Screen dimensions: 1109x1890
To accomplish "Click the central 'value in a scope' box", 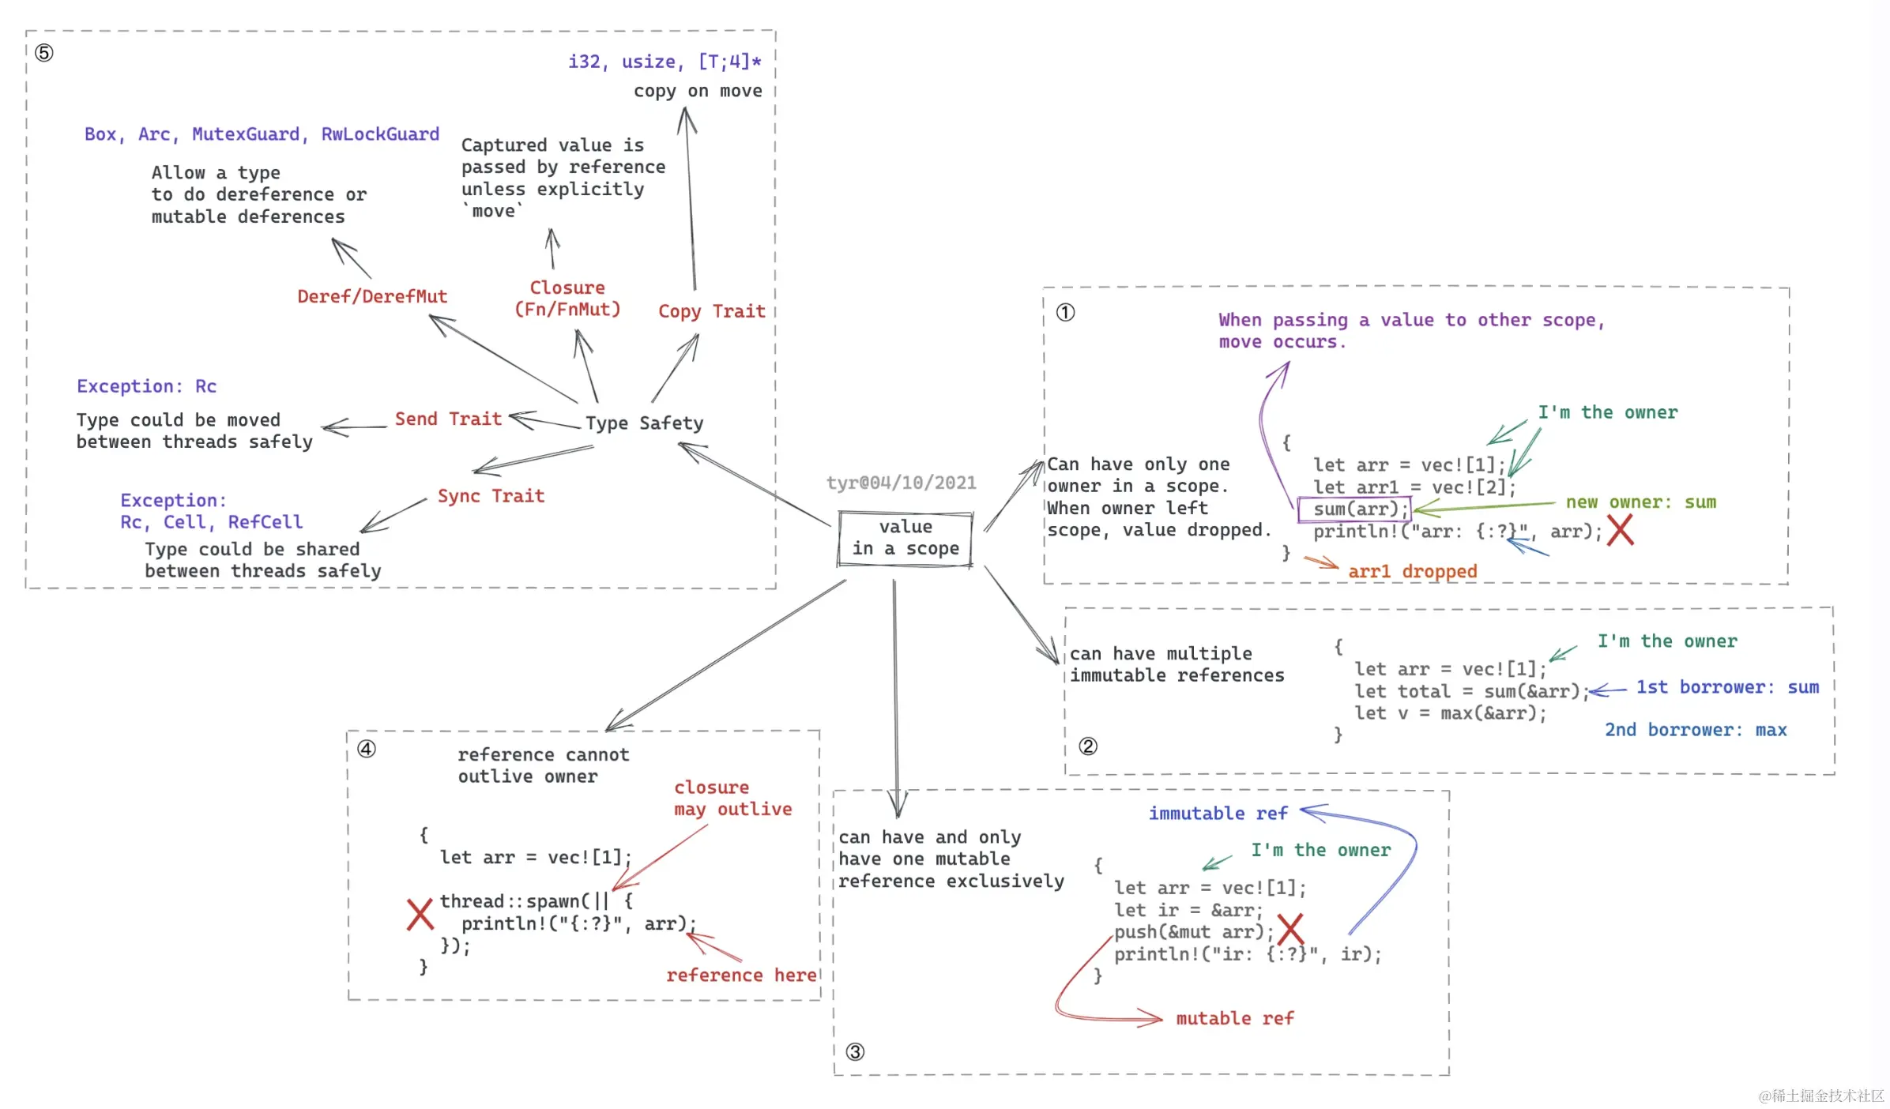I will [905, 538].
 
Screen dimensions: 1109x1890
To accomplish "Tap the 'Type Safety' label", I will [644, 423].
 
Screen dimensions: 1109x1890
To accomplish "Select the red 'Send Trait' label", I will [448, 419].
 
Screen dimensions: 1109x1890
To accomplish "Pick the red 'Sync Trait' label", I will [491, 496].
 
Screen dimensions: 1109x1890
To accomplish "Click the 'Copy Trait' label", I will [711, 311].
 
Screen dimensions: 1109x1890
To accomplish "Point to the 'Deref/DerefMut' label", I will [372, 296].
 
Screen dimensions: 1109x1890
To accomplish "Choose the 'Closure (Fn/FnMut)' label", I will [567, 299].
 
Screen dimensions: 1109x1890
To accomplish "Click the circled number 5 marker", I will [44, 53].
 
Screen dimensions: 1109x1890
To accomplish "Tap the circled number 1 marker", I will [1065, 313].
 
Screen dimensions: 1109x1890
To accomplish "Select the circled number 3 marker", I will [855, 1051].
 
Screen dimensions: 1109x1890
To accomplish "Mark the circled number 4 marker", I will [367, 749].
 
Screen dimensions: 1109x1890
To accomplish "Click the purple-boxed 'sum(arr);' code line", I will [1354, 509].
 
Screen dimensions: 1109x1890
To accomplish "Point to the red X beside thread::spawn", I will [420, 914].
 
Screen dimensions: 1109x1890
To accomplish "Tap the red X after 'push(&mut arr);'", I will [1290, 929].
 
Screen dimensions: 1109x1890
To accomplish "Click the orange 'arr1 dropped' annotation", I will [1412, 571].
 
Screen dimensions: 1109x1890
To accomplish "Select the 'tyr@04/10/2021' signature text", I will [901, 483].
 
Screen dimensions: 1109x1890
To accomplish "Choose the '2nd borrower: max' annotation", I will [1695, 730].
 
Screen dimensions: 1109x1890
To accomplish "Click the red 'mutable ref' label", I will [1234, 1018].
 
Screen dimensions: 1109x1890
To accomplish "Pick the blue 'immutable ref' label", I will [1218, 814].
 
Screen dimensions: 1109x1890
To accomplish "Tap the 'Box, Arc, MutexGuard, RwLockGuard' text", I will [262, 134].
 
